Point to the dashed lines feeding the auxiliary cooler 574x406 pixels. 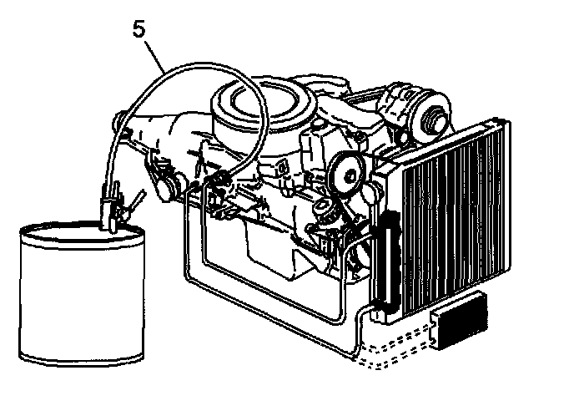pyautogui.click(x=392, y=351)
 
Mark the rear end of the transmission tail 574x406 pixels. pyautogui.click(x=121, y=121)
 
